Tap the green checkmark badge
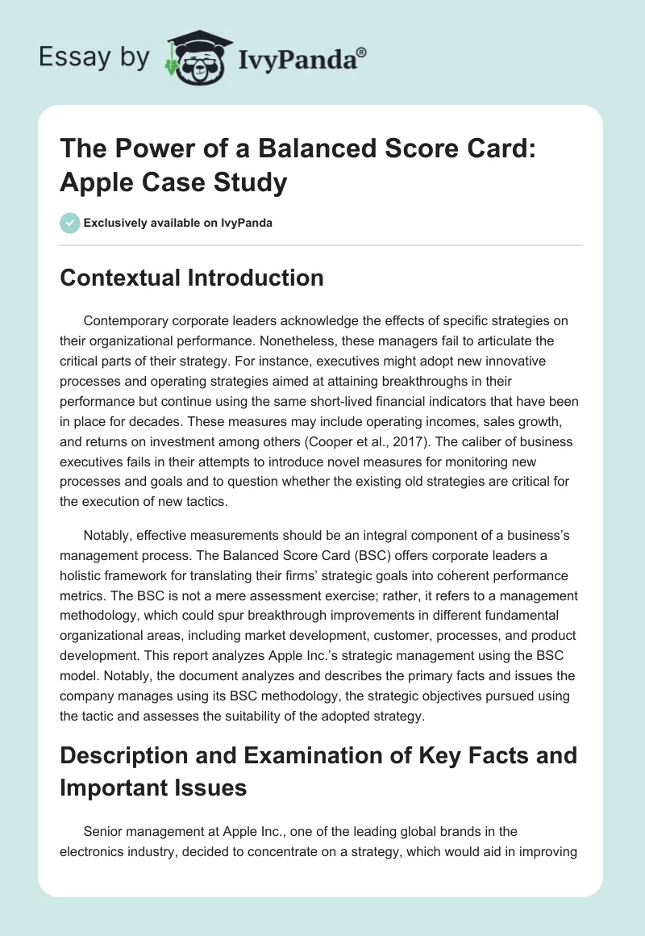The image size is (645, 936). point(70,223)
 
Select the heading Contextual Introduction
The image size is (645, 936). point(192,278)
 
